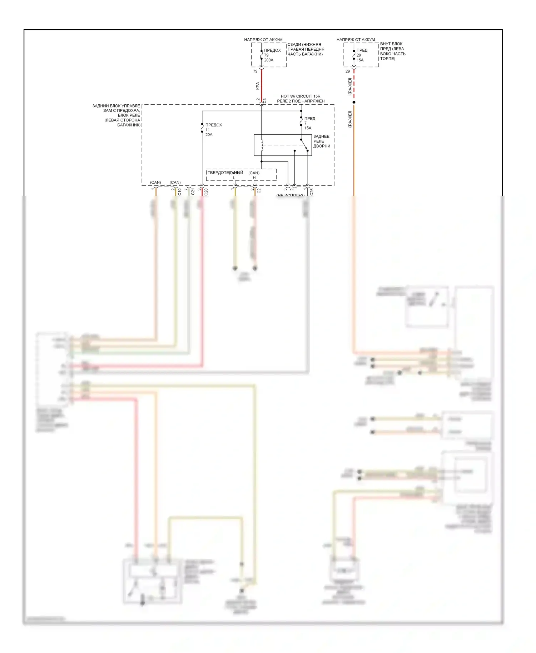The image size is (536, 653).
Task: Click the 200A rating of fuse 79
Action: pyautogui.click(x=269, y=60)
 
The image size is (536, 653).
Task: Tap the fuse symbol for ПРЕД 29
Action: pyautogui.click(x=354, y=55)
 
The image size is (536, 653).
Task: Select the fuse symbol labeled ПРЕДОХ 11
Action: pyautogui.click(x=202, y=128)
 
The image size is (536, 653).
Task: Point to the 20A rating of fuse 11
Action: pyautogui.click(x=209, y=135)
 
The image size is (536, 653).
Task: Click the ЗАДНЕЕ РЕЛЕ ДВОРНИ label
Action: pyautogui.click(x=321, y=141)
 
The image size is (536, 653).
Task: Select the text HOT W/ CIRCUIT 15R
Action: pyautogui.click(x=300, y=96)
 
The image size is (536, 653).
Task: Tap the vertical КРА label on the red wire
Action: pyautogui.click(x=258, y=86)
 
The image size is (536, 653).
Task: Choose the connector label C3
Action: pyautogui.click(x=265, y=101)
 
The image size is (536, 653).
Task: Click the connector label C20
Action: pyautogui.click(x=206, y=192)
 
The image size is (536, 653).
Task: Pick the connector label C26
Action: pyautogui.click(x=312, y=192)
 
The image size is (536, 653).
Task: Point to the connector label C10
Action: pyautogui.click(x=180, y=192)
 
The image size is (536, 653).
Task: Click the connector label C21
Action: pyautogui.click(x=193, y=192)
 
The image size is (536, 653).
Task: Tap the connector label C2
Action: pyautogui.click(x=259, y=191)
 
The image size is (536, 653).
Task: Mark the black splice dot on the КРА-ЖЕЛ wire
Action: pyautogui.click(x=354, y=102)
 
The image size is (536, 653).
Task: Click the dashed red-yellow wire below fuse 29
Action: pyautogui.click(x=354, y=86)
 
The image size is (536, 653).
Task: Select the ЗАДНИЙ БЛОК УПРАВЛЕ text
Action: pyautogui.click(x=116, y=106)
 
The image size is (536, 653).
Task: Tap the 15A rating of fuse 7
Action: pyautogui.click(x=308, y=128)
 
